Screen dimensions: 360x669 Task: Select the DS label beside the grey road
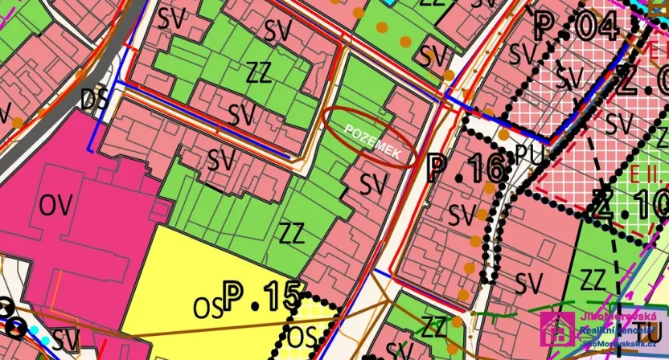click(x=95, y=99)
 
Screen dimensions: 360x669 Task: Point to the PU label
click(x=530, y=153)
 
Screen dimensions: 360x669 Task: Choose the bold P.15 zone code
click(x=261, y=297)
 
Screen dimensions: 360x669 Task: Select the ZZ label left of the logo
click(x=434, y=327)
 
